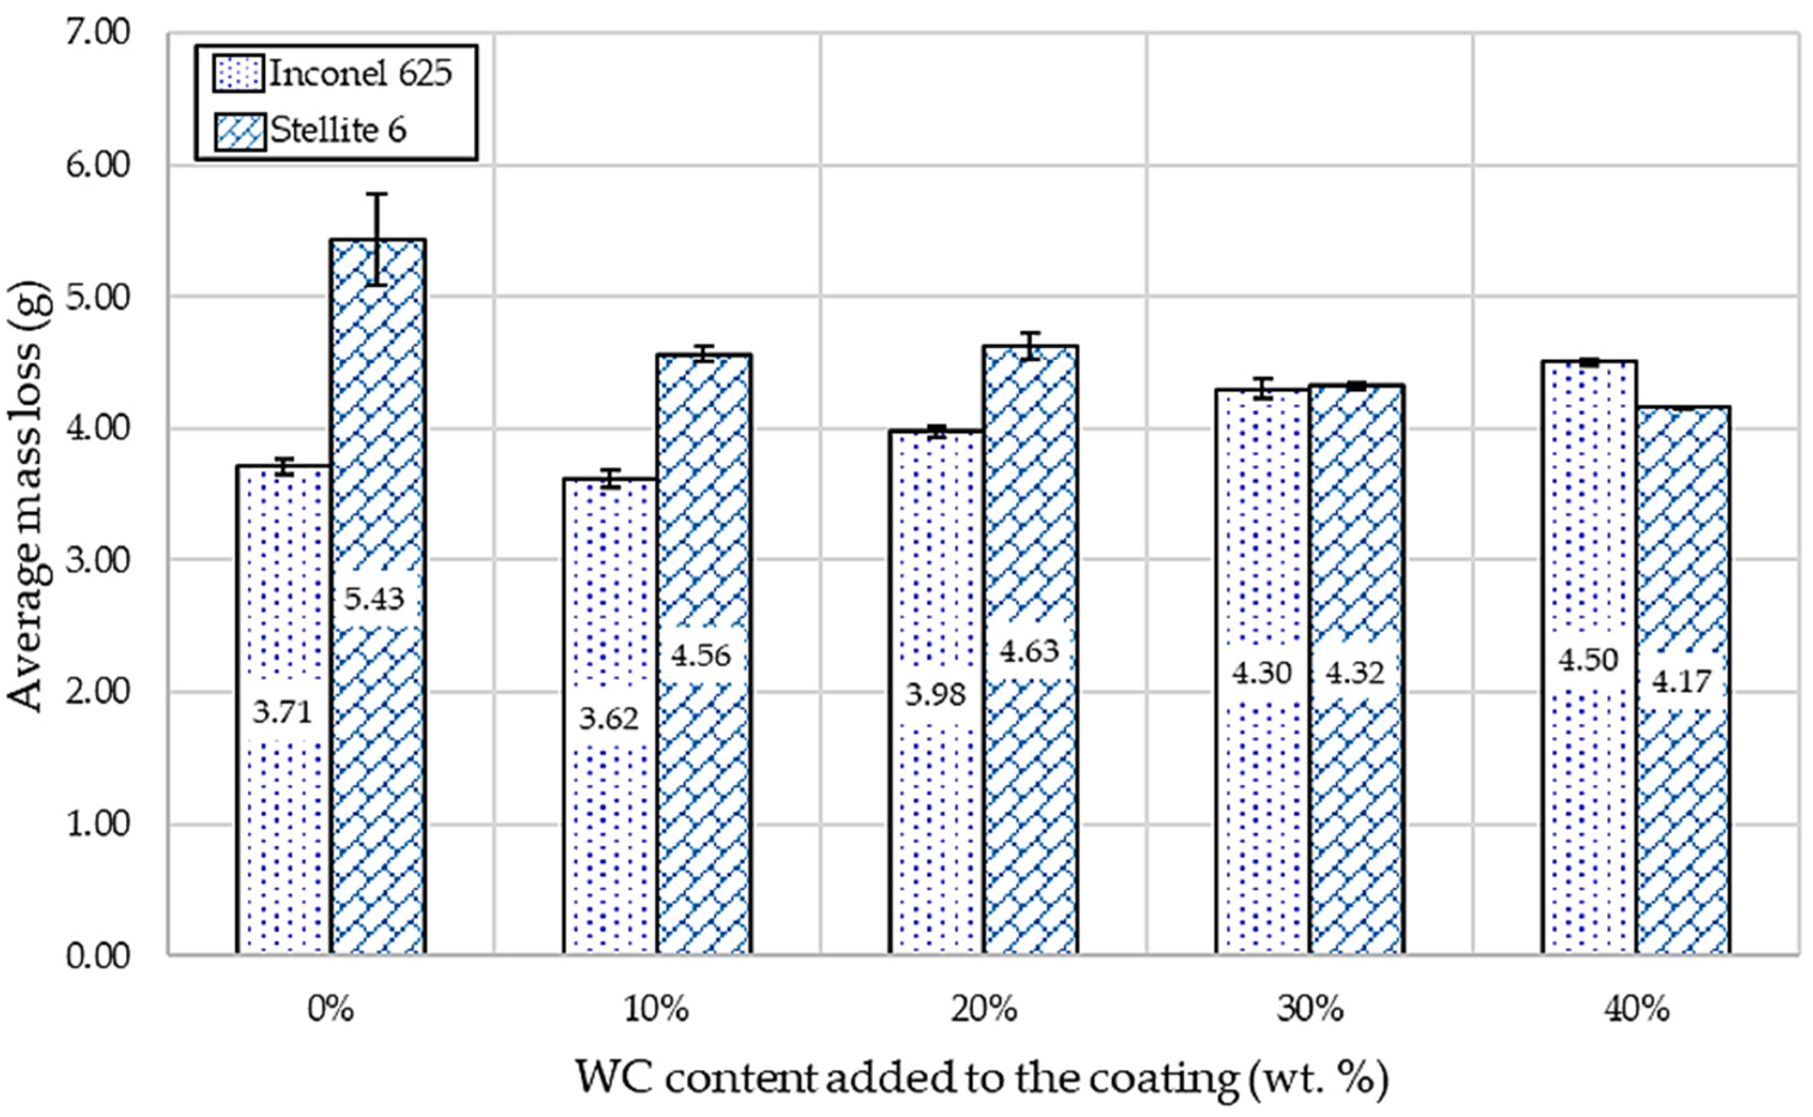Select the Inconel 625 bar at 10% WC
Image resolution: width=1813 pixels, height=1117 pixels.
610,850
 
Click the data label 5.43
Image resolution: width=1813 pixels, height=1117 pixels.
374,599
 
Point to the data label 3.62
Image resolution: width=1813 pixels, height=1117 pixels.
609,718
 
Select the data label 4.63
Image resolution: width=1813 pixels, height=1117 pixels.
1029,651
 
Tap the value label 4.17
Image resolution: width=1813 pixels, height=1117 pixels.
1681,681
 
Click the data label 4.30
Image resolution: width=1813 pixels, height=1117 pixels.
1262,673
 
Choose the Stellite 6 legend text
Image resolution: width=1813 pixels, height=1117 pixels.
339,131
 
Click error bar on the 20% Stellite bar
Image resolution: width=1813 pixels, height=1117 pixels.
1030,346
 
